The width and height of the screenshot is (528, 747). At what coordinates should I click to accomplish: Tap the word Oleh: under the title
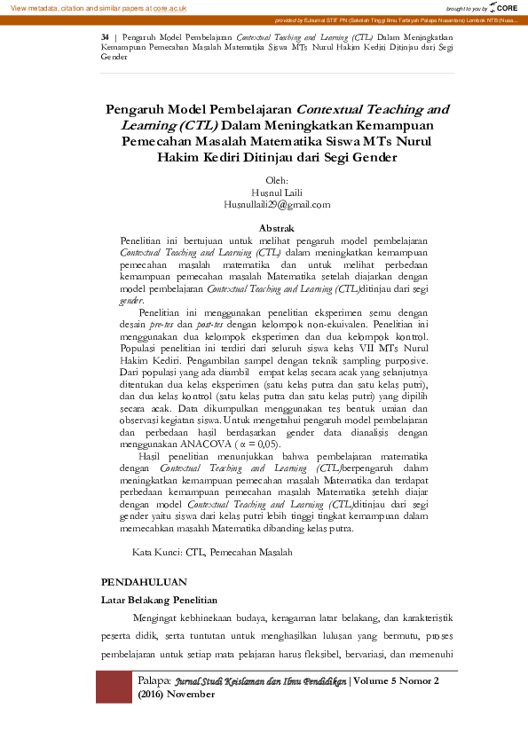pyautogui.click(x=277, y=180)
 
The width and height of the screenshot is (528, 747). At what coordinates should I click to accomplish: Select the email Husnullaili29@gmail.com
pyautogui.click(x=277, y=204)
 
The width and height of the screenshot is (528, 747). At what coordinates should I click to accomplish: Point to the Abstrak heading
pyautogui.click(x=276, y=229)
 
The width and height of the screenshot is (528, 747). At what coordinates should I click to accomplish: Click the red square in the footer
pyautogui.click(x=114, y=687)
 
